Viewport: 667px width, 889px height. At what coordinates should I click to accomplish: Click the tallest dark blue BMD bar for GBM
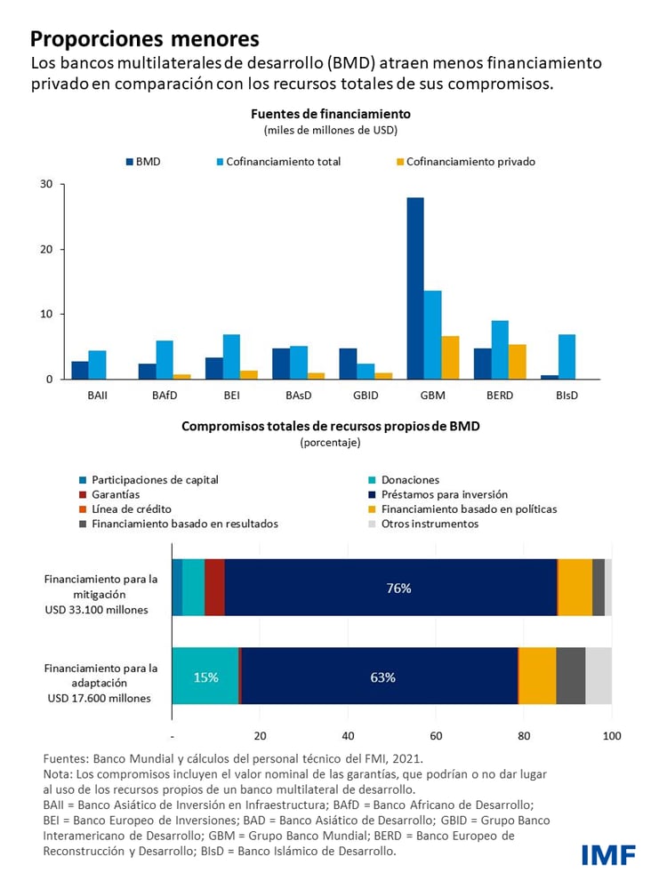[415, 288]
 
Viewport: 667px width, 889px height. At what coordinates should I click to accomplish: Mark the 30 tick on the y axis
[46, 184]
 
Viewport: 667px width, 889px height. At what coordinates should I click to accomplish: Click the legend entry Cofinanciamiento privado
[470, 162]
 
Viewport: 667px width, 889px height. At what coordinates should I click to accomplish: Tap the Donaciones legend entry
[410, 480]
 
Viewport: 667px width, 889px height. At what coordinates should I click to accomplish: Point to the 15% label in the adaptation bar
[205, 677]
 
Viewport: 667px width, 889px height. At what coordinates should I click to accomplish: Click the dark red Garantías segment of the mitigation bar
[214, 588]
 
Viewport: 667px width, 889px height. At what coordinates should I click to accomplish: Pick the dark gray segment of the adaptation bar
[570, 677]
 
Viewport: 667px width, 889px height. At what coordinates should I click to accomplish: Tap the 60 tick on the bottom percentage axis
[436, 736]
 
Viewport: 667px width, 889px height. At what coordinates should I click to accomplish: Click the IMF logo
[607, 855]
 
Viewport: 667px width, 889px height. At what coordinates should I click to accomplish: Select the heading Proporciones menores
[145, 39]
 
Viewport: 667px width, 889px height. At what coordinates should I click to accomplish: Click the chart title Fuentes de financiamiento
[330, 114]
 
